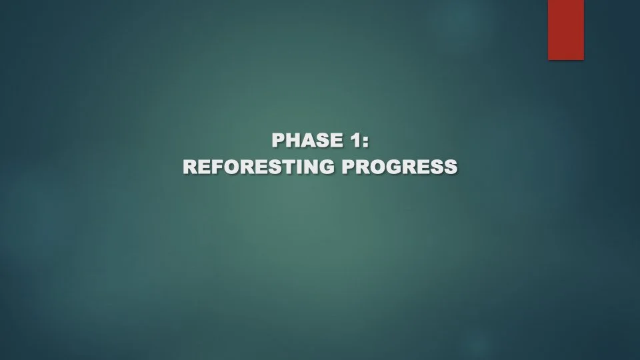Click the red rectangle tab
click(x=566, y=29)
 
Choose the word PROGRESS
click(x=400, y=167)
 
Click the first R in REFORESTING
click(x=189, y=167)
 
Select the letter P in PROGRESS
click(x=349, y=167)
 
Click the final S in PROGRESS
click(x=451, y=167)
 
